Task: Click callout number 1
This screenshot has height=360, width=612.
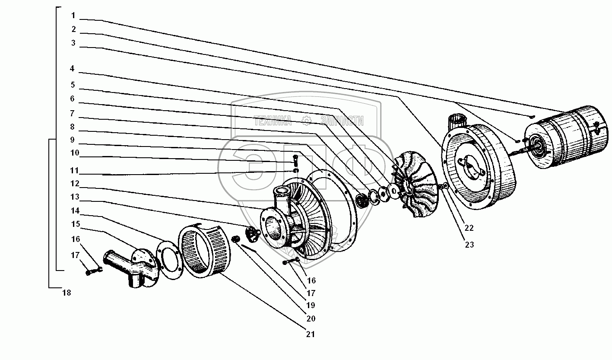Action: (73, 16)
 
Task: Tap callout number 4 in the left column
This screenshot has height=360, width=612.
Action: (72, 68)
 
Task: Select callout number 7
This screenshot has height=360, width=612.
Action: (72, 113)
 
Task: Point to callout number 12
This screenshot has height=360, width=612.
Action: (75, 183)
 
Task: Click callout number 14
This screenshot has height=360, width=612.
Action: (75, 211)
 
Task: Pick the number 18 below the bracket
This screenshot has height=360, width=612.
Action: (67, 293)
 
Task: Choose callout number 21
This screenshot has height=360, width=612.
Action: (311, 335)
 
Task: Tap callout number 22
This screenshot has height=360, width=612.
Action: (469, 228)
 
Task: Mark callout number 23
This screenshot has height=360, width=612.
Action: (469, 245)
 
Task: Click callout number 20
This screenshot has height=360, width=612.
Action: (311, 319)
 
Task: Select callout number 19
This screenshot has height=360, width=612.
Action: (311, 305)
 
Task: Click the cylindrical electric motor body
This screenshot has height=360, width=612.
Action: (567, 137)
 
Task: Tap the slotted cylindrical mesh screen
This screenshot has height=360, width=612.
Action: (204, 247)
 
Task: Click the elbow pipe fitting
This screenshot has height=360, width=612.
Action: (131, 268)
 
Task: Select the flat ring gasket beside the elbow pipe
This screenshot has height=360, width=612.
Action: (169, 260)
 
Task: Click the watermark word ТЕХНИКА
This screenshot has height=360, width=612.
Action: (273, 121)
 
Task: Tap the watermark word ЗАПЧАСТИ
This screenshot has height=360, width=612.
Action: (342, 121)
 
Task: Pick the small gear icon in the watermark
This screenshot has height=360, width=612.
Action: (306, 121)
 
